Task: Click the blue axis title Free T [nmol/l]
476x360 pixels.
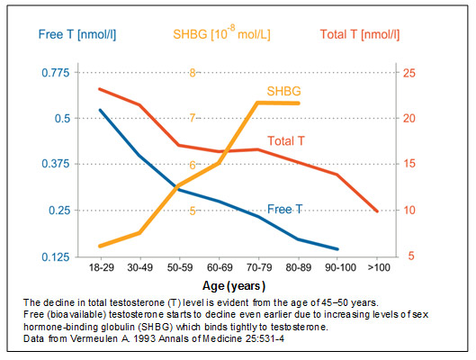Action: pos(77,34)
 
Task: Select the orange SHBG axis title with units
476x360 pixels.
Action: pos(221,32)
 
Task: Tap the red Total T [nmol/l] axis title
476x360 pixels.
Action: pos(360,34)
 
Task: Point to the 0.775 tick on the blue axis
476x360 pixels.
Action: pos(56,73)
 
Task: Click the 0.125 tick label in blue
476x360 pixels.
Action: pos(56,257)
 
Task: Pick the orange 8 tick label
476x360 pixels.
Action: pos(193,73)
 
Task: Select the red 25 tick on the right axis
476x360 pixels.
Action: pos(409,73)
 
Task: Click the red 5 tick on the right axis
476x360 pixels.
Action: pos(411,256)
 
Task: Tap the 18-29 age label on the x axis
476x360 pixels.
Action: pos(101,267)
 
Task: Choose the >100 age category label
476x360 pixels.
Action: pos(379,267)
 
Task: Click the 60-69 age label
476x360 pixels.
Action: pos(220,267)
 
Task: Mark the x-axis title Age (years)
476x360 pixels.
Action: pos(234,286)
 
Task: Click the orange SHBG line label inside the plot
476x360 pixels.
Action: pos(283,91)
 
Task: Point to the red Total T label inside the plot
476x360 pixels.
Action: pos(285,140)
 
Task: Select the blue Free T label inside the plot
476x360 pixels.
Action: pos(284,209)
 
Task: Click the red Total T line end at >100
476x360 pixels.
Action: pos(377,211)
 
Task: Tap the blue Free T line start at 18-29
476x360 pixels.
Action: pos(100,110)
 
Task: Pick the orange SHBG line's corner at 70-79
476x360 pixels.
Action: pos(257,103)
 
